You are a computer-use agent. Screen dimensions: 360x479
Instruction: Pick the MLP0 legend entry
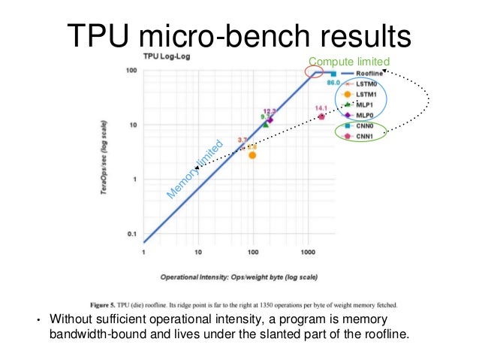(363, 115)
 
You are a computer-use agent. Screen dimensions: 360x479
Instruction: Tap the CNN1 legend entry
(363, 136)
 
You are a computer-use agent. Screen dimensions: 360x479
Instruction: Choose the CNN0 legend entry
(363, 126)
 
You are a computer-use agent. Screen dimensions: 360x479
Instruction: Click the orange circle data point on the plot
(252, 155)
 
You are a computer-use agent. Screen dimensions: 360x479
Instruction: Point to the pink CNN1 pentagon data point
(321, 116)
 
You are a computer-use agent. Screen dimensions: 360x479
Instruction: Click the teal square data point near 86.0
(333, 74)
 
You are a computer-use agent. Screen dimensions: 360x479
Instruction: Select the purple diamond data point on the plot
(270, 119)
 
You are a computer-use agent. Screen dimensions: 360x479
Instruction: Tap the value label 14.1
(321, 108)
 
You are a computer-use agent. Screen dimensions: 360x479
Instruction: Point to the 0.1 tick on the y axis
(130, 234)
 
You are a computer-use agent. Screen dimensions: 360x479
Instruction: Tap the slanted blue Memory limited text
(194, 171)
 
